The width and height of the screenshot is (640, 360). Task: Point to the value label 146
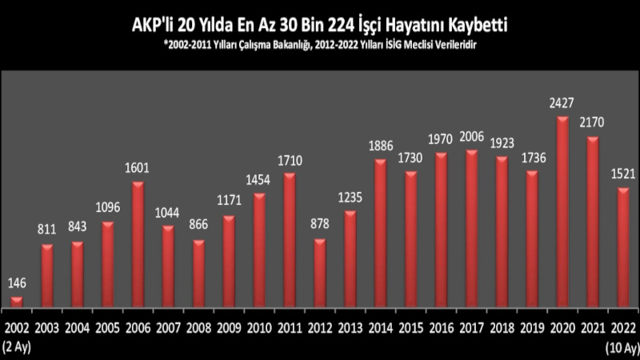click(x=17, y=282)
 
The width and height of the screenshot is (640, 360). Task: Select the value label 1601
click(x=138, y=168)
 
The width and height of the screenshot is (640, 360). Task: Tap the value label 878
click(x=319, y=225)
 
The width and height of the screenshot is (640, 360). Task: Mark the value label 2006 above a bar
click(x=471, y=137)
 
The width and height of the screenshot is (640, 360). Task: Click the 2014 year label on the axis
click(x=380, y=329)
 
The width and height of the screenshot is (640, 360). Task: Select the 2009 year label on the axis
click(x=229, y=329)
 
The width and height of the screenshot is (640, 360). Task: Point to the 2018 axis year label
click(x=502, y=329)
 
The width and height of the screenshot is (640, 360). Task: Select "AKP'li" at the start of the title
click(x=152, y=26)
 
